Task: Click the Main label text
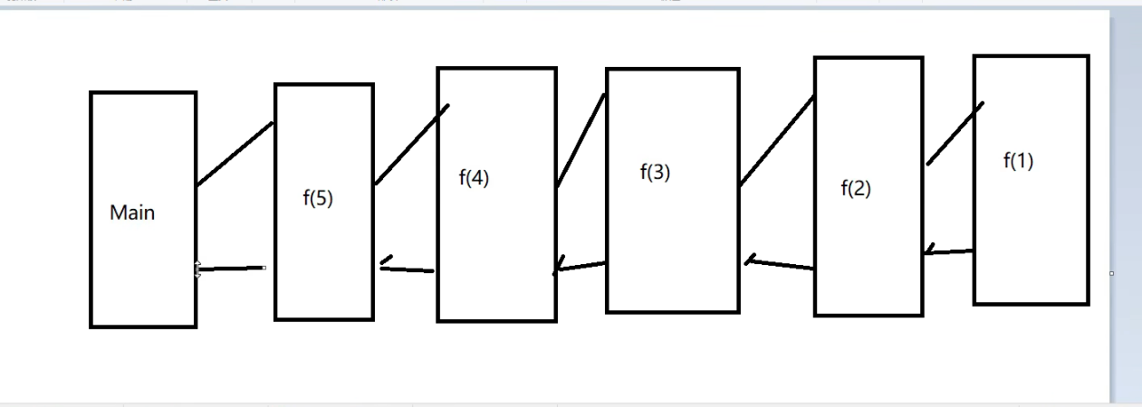point(132,213)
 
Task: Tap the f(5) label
point(318,199)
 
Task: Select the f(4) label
point(474,178)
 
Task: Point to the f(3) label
point(655,172)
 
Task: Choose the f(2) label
point(856,189)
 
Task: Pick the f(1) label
point(1018,161)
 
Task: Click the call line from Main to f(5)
point(235,154)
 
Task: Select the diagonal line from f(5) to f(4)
point(412,145)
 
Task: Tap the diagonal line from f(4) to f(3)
point(581,140)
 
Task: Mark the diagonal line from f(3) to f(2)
point(777,141)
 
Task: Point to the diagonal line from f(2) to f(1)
point(955,133)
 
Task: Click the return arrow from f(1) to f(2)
point(949,252)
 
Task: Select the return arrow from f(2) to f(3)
point(781,265)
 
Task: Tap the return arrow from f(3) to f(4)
point(581,267)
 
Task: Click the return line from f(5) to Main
point(231,269)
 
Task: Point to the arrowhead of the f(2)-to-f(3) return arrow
point(750,260)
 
